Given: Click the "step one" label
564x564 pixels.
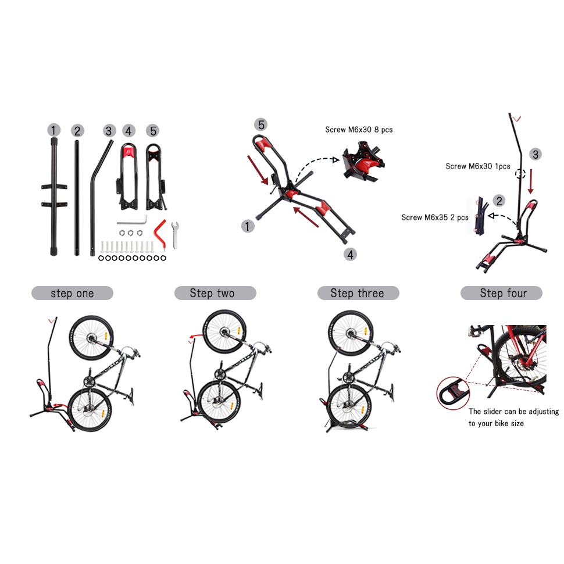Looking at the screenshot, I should [72, 293].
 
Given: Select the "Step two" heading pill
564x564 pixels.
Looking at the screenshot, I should [215, 293].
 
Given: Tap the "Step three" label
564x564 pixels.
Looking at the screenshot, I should [358, 293].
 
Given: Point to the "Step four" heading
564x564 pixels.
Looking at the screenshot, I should [502, 293].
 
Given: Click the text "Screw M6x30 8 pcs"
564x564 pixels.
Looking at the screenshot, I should [359, 130].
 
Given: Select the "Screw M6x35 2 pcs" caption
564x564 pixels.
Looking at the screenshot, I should [435, 217].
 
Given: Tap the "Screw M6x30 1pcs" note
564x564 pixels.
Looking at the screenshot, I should [478, 166].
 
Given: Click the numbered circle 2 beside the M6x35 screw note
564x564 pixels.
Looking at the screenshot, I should [499, 201].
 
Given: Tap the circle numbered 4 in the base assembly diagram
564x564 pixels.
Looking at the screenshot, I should [349, 254].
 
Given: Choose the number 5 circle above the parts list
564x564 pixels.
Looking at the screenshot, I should [152, 131].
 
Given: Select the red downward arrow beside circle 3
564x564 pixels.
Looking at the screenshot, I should [531, 181].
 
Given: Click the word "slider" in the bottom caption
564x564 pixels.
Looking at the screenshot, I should [495, 412].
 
